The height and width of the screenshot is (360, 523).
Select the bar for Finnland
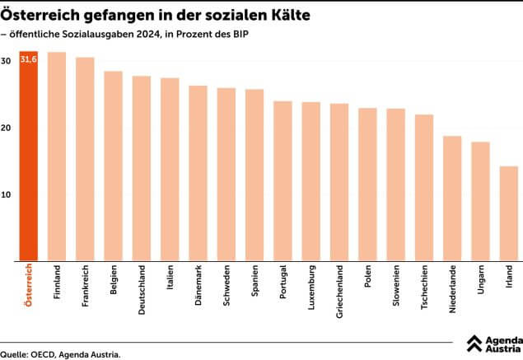pyautogui.click(x=57, y=157)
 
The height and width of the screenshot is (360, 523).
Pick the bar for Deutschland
pyautogui.click(x=142, y=168)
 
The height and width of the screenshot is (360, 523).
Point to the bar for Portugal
pyautogui.click(x=283, y=180)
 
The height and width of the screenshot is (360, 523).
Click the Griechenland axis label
pyautogui.click(x=339, y=292)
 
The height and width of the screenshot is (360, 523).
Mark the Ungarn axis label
pyautogui.click(x=481, y=280)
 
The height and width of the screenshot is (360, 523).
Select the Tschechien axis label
pyautogui.click(x=424, y=288)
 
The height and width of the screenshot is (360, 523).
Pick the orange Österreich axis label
pyautogui.click(x=28, y=287)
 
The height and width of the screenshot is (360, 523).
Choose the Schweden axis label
pyautogui.click(x=226, y=285)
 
